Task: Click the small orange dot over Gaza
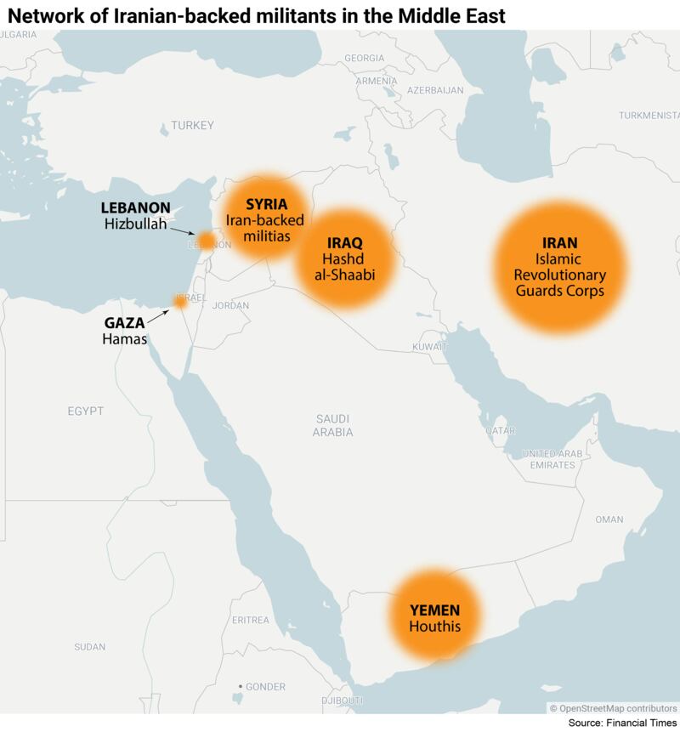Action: (x=180, y=302)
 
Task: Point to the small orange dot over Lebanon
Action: (x=207, y=241)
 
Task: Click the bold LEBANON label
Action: (x=135, y=208)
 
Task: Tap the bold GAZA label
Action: (x=124, y=323)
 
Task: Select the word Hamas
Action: (x=125, y=339)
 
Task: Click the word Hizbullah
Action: (x=135, y=224)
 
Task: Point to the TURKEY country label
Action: (x=192, y=126)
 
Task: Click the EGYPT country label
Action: (x=85, y=411)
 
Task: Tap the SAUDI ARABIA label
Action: (x=332, y=425)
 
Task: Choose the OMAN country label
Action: (x=609, y=519)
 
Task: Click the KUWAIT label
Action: (x=429, y=348)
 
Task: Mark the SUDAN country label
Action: (x=89, y=647)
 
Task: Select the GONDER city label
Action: (x=265, y=687)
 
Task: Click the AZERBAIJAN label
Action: (x=434, y=89)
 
